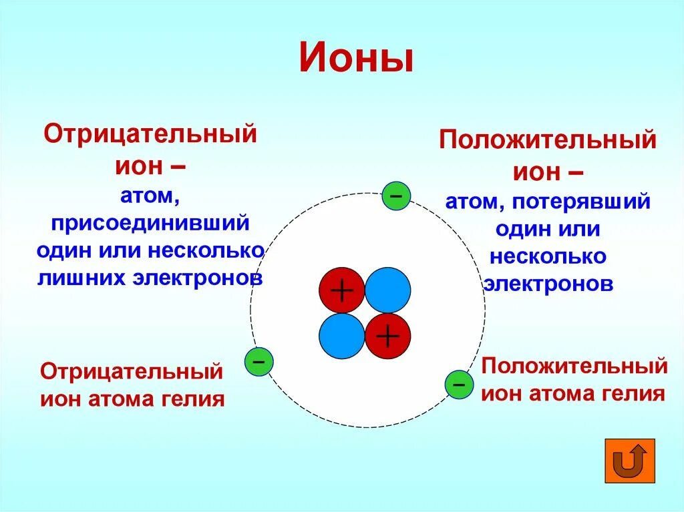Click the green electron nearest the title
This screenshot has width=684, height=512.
tap(395, 196)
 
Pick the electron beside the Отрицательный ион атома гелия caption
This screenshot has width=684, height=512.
tap(259, 361)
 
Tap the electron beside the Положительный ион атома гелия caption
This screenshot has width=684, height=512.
tap(459, 385)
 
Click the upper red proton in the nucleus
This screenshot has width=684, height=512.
tap(341, 290)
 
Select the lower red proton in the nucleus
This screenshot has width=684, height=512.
tap(387, 336)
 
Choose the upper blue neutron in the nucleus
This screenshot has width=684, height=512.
tap(387, 290)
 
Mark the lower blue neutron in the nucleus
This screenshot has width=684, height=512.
tap(341, 336)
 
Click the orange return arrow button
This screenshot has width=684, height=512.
tap(629, 461)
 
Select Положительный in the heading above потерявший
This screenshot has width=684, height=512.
tap(547, 141)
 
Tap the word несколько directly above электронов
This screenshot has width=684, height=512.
tap(548, 256)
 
